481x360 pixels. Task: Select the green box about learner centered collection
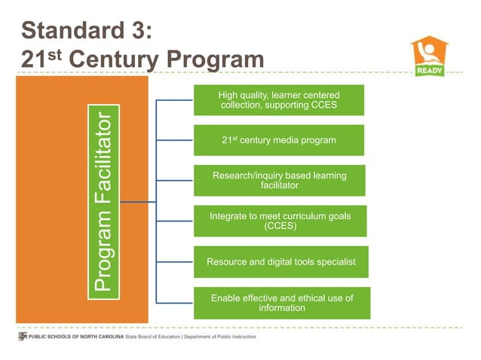(x=278, y=100)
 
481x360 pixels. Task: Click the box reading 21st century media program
(x=278, y=140)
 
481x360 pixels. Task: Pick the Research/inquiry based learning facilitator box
(x=279, y=180)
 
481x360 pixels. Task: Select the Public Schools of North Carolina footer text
(x=76, y=337)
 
